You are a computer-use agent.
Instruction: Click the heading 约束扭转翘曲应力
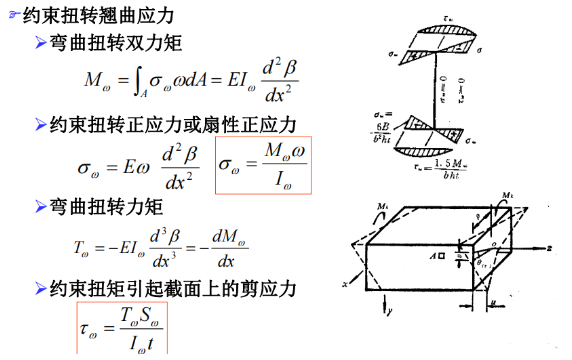click(96, 15)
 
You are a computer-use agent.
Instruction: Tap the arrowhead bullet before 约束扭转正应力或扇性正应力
click(39, 124)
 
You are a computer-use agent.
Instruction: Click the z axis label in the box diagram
click(551, 243)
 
